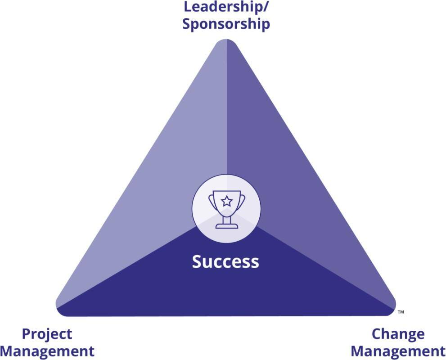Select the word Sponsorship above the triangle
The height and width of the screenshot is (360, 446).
226,23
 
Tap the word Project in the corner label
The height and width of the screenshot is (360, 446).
47,334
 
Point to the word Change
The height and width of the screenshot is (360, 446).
398,334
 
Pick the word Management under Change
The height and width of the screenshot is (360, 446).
398,351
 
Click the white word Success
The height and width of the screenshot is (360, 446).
225,261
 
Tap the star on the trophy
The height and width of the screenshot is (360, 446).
226,201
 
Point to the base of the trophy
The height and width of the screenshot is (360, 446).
226,225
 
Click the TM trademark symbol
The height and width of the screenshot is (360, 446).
401,312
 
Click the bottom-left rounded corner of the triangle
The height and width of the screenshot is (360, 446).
61,308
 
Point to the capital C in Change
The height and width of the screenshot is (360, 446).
377,334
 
